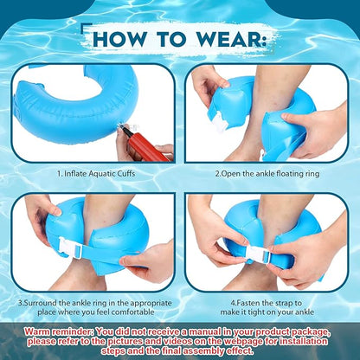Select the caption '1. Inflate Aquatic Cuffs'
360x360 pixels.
[x=96, y=174]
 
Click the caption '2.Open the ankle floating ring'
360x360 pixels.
[x=267, y=174]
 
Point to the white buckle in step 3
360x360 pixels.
[x=69, y=247]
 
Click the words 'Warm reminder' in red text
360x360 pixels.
[x=58, y=331]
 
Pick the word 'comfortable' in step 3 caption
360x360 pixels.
[x=132, y=312]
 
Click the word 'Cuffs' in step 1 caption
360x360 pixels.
[x=126, y=174]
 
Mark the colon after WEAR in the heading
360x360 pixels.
[x=263, y=41]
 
